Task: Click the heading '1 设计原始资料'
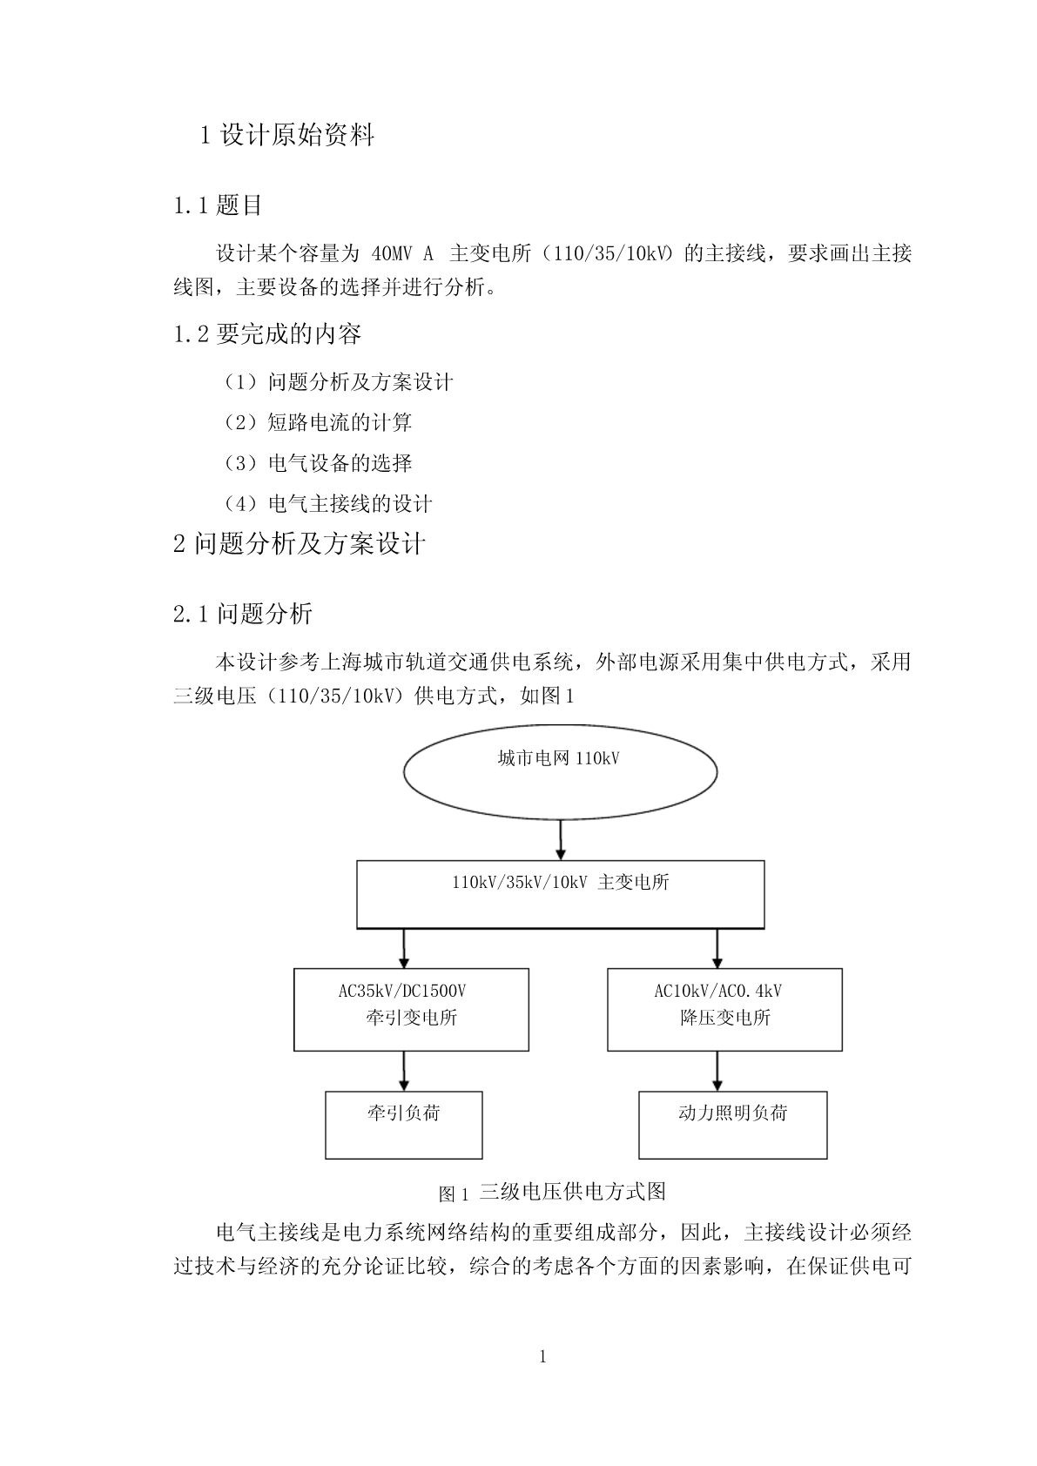tap(287, 136)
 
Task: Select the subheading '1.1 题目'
tap(218, 205)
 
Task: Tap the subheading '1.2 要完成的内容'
tap(267, 334)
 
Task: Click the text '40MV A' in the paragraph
tap(402, 253)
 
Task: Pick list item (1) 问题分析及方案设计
tap(338, 382)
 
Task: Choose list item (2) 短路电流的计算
tap(318, 423)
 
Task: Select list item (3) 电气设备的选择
tap(318, 463)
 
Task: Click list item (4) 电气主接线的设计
tap(327, 504)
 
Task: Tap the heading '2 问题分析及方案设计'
tap(300, 544)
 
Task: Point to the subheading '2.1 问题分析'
tap(243, 614)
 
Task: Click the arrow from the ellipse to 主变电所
tap(561, 840)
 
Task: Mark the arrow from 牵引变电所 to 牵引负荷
tap(403, 1072)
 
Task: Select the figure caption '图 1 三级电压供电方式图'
tap(552, 1193)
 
